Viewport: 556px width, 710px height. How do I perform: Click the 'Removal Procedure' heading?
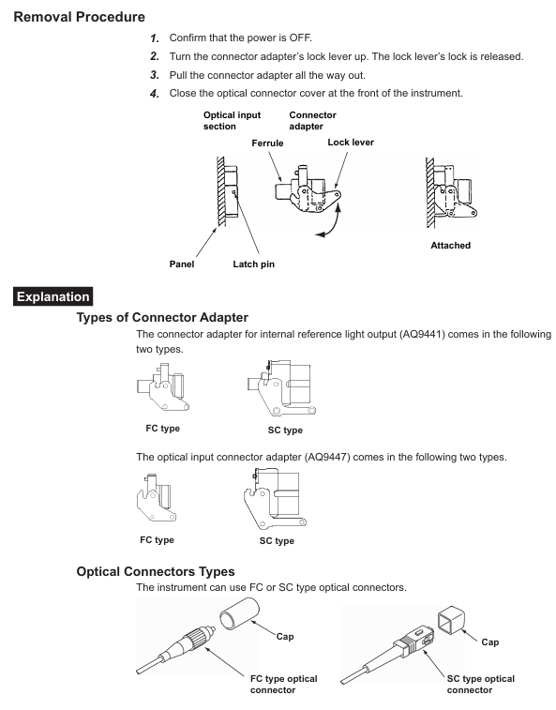[x=80, y=17]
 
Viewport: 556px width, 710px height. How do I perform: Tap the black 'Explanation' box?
[x=53, y=296]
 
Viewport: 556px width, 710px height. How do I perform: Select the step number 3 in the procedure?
[x=155, y=75]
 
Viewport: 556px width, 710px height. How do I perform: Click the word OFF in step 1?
[x=304, y=38]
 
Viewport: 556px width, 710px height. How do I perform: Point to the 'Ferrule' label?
[x=267, y=144]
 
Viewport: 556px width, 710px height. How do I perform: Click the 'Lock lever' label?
[x=351, y=143]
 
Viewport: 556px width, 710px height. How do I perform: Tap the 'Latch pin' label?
[x=253, y=264]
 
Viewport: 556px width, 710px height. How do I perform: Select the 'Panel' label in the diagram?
[x=182, y=264]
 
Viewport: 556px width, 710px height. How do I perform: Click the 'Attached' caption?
[x=450, y=246]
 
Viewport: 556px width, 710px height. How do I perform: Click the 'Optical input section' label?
[x=232, y=120]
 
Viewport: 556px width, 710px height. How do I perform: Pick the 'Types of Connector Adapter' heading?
[x=162, y=317]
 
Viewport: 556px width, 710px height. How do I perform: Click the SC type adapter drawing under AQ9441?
[x=281, y=388]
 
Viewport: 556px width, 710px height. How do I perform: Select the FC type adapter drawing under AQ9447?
[x=157, y=498]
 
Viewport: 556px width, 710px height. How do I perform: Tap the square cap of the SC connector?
[x=451, y=619]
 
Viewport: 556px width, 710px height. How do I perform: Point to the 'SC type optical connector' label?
[x=480, y=684]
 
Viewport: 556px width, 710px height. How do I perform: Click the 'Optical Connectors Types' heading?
[x=156, y=571]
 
